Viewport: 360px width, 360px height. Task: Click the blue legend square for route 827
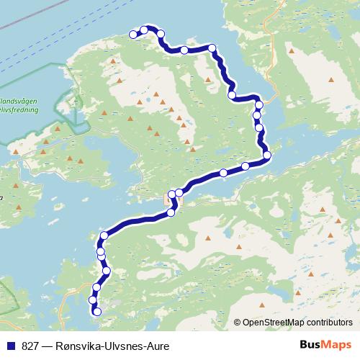pos(12,346)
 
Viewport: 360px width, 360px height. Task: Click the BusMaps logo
pos(325,346)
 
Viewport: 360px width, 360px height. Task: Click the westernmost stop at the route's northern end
pos(133,34)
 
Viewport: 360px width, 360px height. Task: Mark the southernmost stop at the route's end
pos(96,311)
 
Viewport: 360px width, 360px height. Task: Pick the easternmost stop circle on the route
pos(266,155)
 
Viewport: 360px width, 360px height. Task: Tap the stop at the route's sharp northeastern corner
pos(212,48)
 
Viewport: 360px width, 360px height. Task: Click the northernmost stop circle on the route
pos(144,30)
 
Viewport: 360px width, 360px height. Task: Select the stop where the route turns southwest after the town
pos(171,212)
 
